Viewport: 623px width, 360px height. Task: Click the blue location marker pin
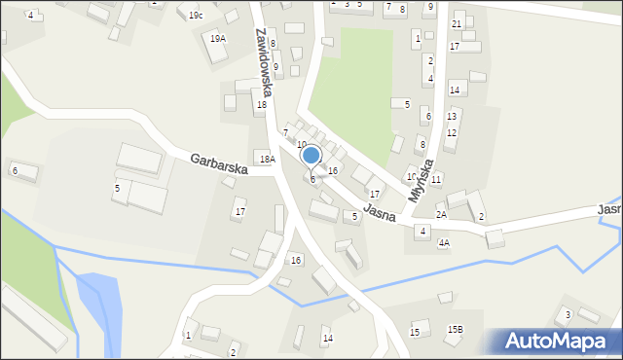click(x=311, y=156)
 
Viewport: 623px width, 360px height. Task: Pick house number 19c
click(x=196, y=16)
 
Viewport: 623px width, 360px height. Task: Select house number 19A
click(x=217, y=38)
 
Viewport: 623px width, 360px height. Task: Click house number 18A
click(x=266, y=158)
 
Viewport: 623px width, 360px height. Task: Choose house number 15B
click(x=456, y=330)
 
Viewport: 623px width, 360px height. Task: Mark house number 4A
click(x=444, y=243)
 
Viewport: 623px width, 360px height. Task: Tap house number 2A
click(x=441, y=214)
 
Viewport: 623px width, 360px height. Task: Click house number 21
click(x=457, y=23)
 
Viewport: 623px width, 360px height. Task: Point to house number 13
click(x=451, y=116)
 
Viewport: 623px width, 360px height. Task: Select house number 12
click(x=450, y=132)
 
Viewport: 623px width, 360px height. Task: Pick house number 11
click(x=436, y=179)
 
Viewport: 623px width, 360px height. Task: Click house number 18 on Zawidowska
click(x=261, y=104)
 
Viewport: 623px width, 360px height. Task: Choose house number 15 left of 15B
click(x=415, y=333)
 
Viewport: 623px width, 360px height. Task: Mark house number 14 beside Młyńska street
click(x=454, y=90)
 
